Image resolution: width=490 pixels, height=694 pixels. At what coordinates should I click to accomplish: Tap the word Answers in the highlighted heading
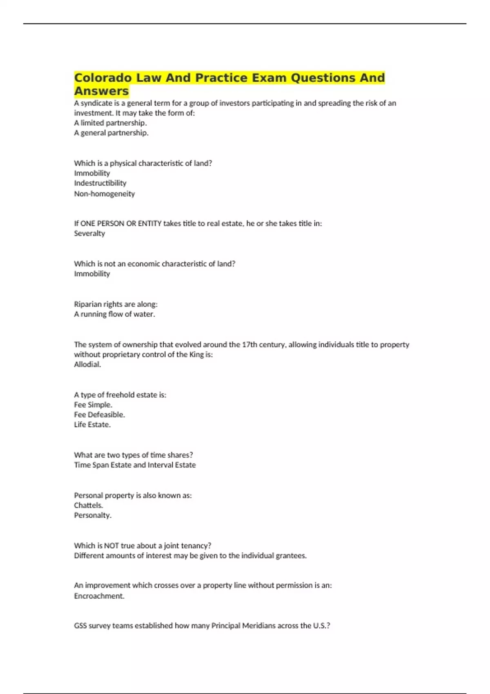tap(101, 91)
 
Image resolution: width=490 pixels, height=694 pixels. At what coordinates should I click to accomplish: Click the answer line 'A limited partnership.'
tap(110, 123)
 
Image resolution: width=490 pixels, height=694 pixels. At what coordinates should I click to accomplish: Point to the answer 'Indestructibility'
tap(100, 183)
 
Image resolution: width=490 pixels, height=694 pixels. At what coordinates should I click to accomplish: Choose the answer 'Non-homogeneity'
tap(104, 194)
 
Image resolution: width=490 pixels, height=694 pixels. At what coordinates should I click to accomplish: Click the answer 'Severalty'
tap(89, 234)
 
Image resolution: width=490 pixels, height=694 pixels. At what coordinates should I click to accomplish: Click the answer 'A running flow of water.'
tap(114, 314)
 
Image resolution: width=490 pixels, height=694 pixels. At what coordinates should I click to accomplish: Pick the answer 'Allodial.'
tap(87, 365)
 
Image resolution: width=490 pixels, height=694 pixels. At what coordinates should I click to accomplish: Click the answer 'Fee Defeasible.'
tap(99, 415)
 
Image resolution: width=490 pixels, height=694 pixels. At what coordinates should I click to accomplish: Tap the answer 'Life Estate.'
tap(92, 425)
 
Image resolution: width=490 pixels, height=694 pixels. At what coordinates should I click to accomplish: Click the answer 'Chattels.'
tap(88, 505)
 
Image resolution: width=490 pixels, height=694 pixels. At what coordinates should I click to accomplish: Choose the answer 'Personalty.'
tap(92, 515)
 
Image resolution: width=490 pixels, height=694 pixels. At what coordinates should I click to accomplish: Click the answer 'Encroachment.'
tap(99, 596)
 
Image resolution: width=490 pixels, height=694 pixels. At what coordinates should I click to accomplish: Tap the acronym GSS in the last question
tap(80, 626)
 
